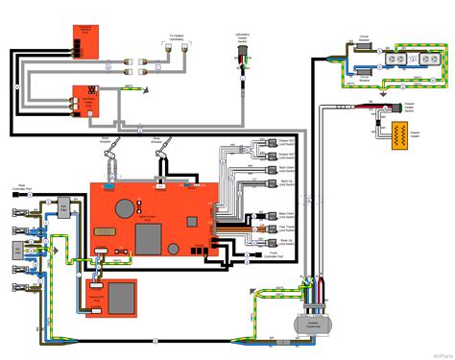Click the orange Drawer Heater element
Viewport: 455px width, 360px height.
tap(395, 134)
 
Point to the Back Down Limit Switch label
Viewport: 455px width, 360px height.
tap(284, 168)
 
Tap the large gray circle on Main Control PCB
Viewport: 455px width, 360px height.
tap(126, 207)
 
